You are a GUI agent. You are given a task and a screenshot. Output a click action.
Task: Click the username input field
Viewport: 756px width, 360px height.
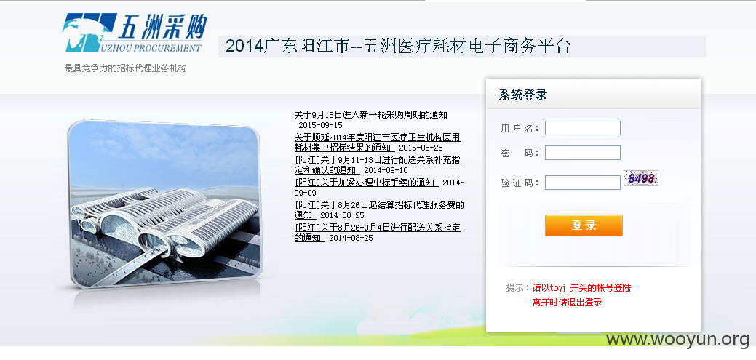pyautogui.click(x=582, y=128)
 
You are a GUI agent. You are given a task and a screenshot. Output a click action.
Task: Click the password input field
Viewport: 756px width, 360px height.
pyautogui.click(x=582, y=153)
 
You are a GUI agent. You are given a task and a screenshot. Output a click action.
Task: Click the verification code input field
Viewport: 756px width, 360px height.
pyautogui.click(x=582, y=183)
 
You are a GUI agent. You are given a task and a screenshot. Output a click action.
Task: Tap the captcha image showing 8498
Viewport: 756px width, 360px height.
pyautogui.click(x=641, y=178)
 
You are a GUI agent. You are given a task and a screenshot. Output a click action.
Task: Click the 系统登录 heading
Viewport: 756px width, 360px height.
pyautogui.click(x=522, y=95)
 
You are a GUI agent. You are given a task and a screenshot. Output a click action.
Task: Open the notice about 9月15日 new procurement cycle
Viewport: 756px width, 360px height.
pyautogui.click(x=371, y=115)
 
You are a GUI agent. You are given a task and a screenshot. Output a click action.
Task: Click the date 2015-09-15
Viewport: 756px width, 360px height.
pyautogui.click(x=320, y=125)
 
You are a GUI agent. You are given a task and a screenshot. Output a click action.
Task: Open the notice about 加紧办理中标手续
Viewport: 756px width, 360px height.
pyautogui.click(x=367, y=183)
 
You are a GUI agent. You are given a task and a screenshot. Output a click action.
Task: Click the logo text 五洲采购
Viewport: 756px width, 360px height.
pyautogui.click(x=163, y=26)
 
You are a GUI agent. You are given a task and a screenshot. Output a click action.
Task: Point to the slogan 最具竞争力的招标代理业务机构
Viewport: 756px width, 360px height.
pyautogui.click(x=125, y=68)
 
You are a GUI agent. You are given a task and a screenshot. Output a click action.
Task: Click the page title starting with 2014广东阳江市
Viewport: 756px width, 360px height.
pyautogui.click(x=398, y=47)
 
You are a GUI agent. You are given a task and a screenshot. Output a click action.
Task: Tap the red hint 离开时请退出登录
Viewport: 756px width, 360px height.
pyautogui.click(x=567, y=303)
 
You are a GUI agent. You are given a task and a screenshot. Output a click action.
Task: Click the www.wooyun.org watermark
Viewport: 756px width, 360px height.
pyautogui.click(x=678, y=340)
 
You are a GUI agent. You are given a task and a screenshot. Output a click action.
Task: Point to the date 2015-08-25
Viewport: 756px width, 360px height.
pyautogui.click(x=421, y=148)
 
